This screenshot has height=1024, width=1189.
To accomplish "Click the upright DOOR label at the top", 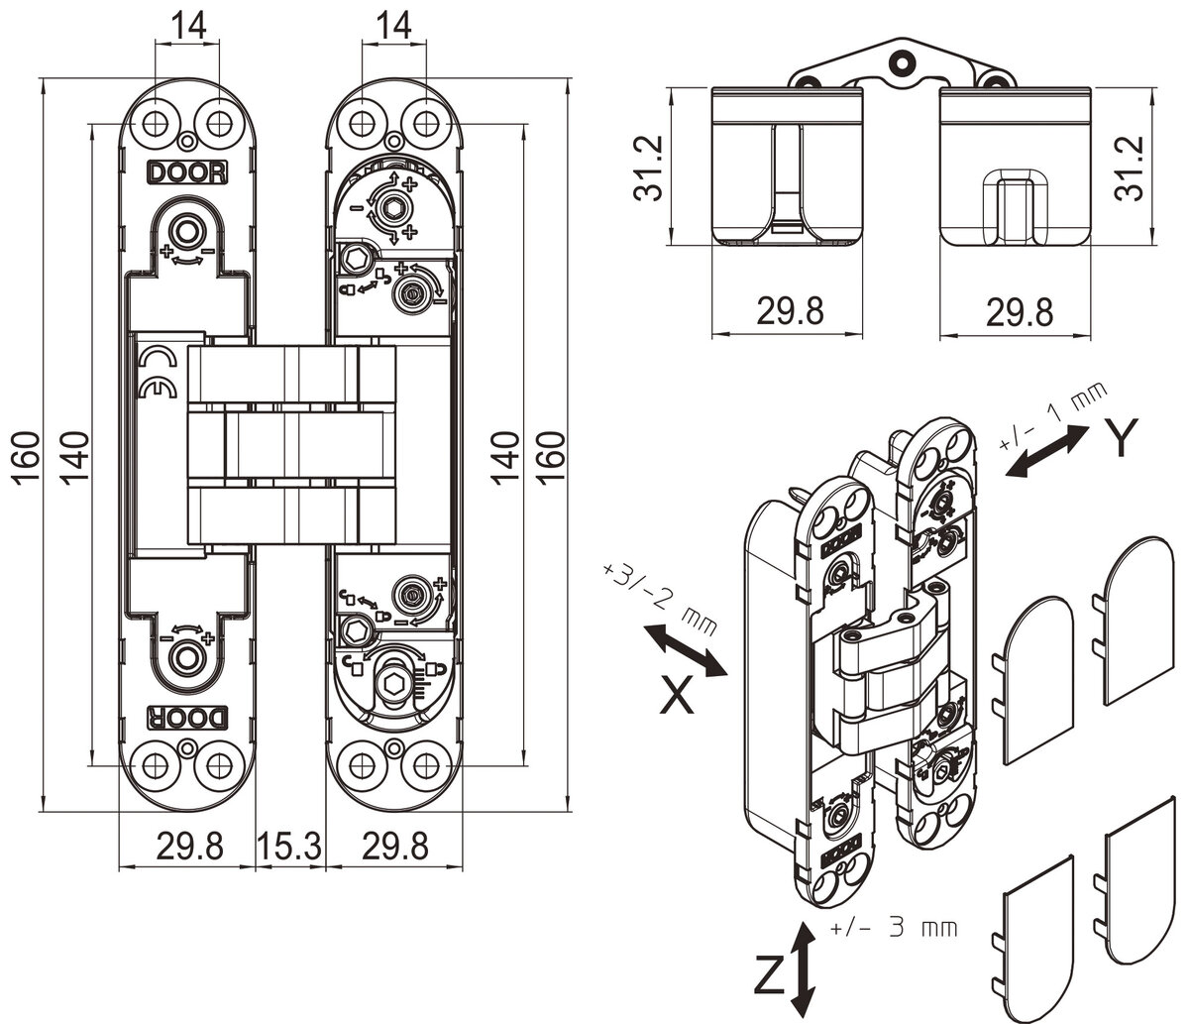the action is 187,172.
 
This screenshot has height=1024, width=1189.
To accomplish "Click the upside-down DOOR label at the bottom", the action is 187,718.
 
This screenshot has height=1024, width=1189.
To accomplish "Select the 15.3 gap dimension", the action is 289,847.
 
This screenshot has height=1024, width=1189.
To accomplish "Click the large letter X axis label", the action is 677,694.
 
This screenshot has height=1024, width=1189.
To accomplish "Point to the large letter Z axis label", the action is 770,975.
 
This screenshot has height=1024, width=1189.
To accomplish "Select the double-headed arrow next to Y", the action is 1047,452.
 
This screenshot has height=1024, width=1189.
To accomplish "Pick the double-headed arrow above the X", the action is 685,650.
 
